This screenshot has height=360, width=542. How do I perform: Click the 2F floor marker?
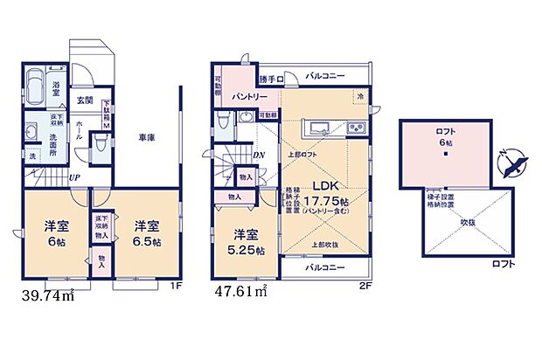365,285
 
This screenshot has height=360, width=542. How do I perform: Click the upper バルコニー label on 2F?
324,76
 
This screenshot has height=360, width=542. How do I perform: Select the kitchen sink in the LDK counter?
358,130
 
